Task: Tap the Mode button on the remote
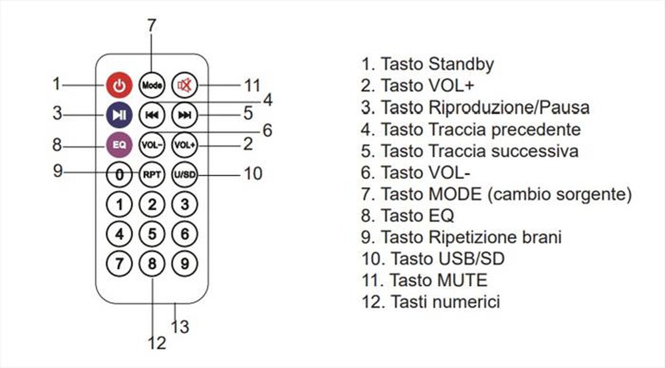pos(152,85)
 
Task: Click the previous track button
pos(152,115)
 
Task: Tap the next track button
pos(185,115)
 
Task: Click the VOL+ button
pos(185,144)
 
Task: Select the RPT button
pos(152,174)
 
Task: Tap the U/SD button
pos(185,174)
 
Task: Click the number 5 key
pos(152,234)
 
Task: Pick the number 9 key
pos(185,264)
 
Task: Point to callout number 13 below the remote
pos(180,327)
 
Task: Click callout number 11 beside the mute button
pos(251,86)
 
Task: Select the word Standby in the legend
pos(461,65)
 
